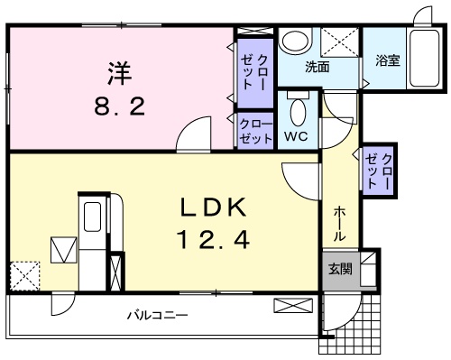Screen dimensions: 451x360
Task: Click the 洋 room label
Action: point(120,73)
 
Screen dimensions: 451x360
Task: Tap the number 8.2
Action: point(120,106)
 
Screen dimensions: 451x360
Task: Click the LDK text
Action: point(214,208)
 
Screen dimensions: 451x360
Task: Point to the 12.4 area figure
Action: point(214,240)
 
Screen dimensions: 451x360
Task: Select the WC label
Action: point(296,136)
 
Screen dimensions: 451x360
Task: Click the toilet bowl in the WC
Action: point(299,113)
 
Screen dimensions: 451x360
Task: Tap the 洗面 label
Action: point(318,67)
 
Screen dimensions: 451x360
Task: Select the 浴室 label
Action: point(388,60)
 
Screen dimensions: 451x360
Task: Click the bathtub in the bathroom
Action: point(424,58)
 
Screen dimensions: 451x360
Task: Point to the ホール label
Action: point(339,224)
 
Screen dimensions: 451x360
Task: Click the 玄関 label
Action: point(340,269)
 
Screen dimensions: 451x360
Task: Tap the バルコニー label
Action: point(158,316)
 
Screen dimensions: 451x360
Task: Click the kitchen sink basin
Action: point(92,217)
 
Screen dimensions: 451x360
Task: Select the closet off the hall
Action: point(379,171)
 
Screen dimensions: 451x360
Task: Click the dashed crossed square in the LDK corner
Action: point(25,276)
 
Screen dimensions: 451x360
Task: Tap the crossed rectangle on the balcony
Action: point(293,306)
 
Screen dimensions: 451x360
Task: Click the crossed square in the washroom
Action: point(340,42)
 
